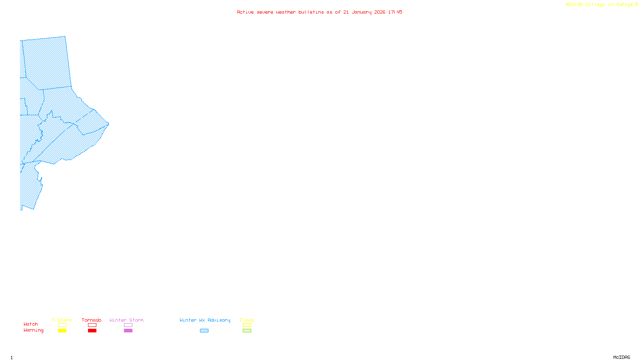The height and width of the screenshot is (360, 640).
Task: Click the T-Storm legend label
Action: [x=62, y=320]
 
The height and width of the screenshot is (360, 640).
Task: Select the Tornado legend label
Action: [x=92, y=320]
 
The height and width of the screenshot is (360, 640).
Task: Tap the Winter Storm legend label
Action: [x=126, y=320]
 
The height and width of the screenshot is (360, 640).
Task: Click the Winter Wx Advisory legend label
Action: [x=205, y=320]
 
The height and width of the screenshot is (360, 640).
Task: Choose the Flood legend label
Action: [x=247, y=320]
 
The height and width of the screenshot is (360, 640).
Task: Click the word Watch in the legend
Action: [x=31, y=324]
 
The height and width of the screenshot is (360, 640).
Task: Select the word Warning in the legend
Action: [x=34, y=330]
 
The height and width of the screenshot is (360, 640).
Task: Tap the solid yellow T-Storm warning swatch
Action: [x=62, y=331]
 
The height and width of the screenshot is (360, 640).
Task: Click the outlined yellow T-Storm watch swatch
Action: [x=62, y=325]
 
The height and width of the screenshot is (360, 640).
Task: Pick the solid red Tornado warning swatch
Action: [x=92, y=331]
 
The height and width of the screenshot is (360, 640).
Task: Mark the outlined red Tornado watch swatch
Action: [x=92, y=325]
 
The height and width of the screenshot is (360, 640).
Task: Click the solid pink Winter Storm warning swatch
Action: [x=128, y=331]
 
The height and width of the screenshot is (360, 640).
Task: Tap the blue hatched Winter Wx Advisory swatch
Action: [x=204, y=331]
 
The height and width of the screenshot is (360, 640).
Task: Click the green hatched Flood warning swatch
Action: [x=247, y=331]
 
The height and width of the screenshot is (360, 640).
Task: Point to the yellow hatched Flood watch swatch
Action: [x=247, y=325]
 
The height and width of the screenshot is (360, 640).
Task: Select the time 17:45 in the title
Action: [x=395, y=12]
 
